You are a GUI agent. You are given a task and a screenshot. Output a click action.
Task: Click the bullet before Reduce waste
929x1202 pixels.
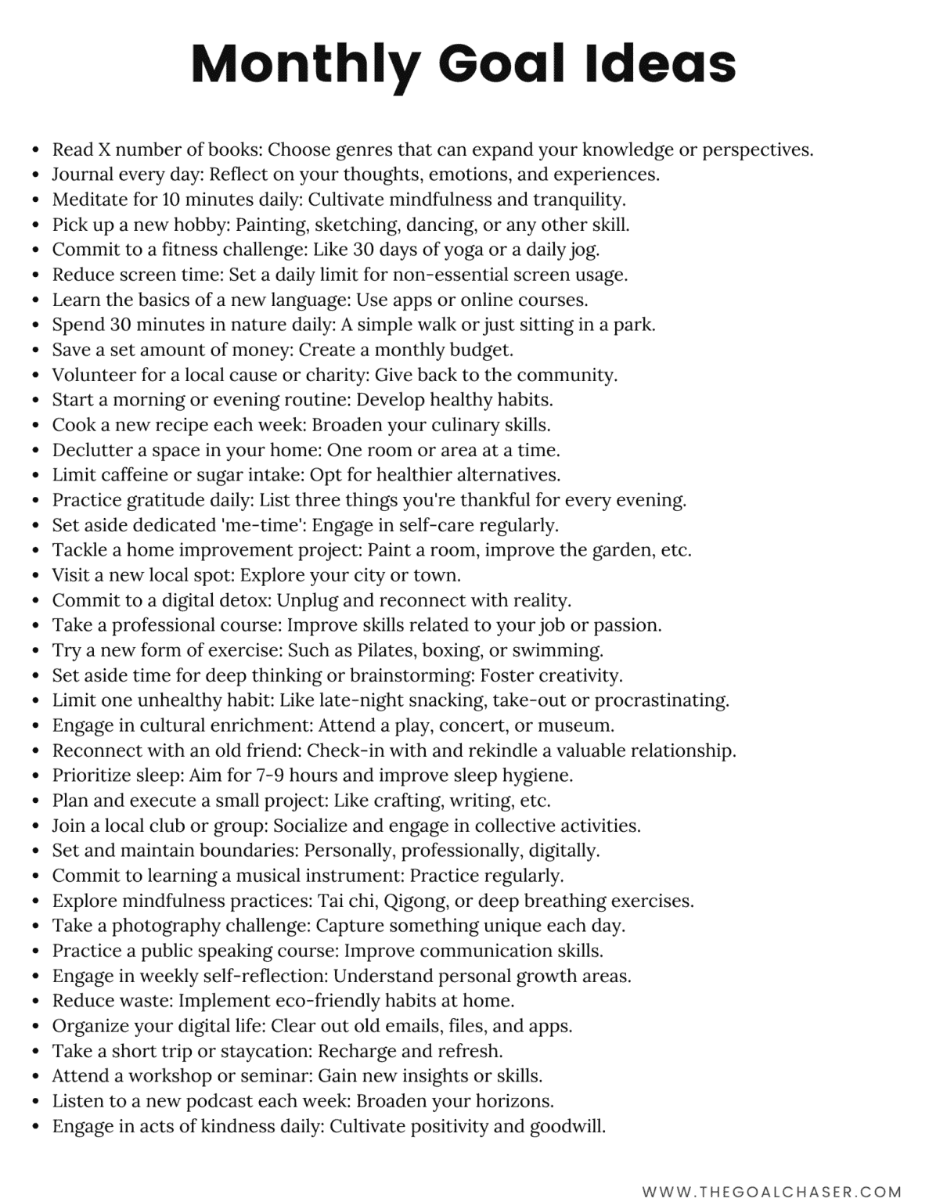(35, 1001)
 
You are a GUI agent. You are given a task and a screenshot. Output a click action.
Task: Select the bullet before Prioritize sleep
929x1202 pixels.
(35, 776)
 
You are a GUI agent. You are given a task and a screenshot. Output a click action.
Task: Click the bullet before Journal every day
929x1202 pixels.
(35, 175)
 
